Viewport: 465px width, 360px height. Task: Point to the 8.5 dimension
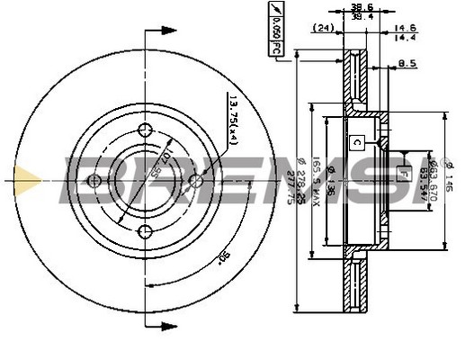(x=408, y=64)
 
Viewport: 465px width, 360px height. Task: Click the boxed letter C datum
(x=357, y=140)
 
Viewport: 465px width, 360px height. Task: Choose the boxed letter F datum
(x=403, y=174)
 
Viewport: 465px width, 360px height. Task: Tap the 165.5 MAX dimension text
(x=316, y=181)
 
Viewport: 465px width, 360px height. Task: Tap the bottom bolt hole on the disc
(x=146, y=233)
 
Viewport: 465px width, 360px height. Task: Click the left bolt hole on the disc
(x=94, y=181)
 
